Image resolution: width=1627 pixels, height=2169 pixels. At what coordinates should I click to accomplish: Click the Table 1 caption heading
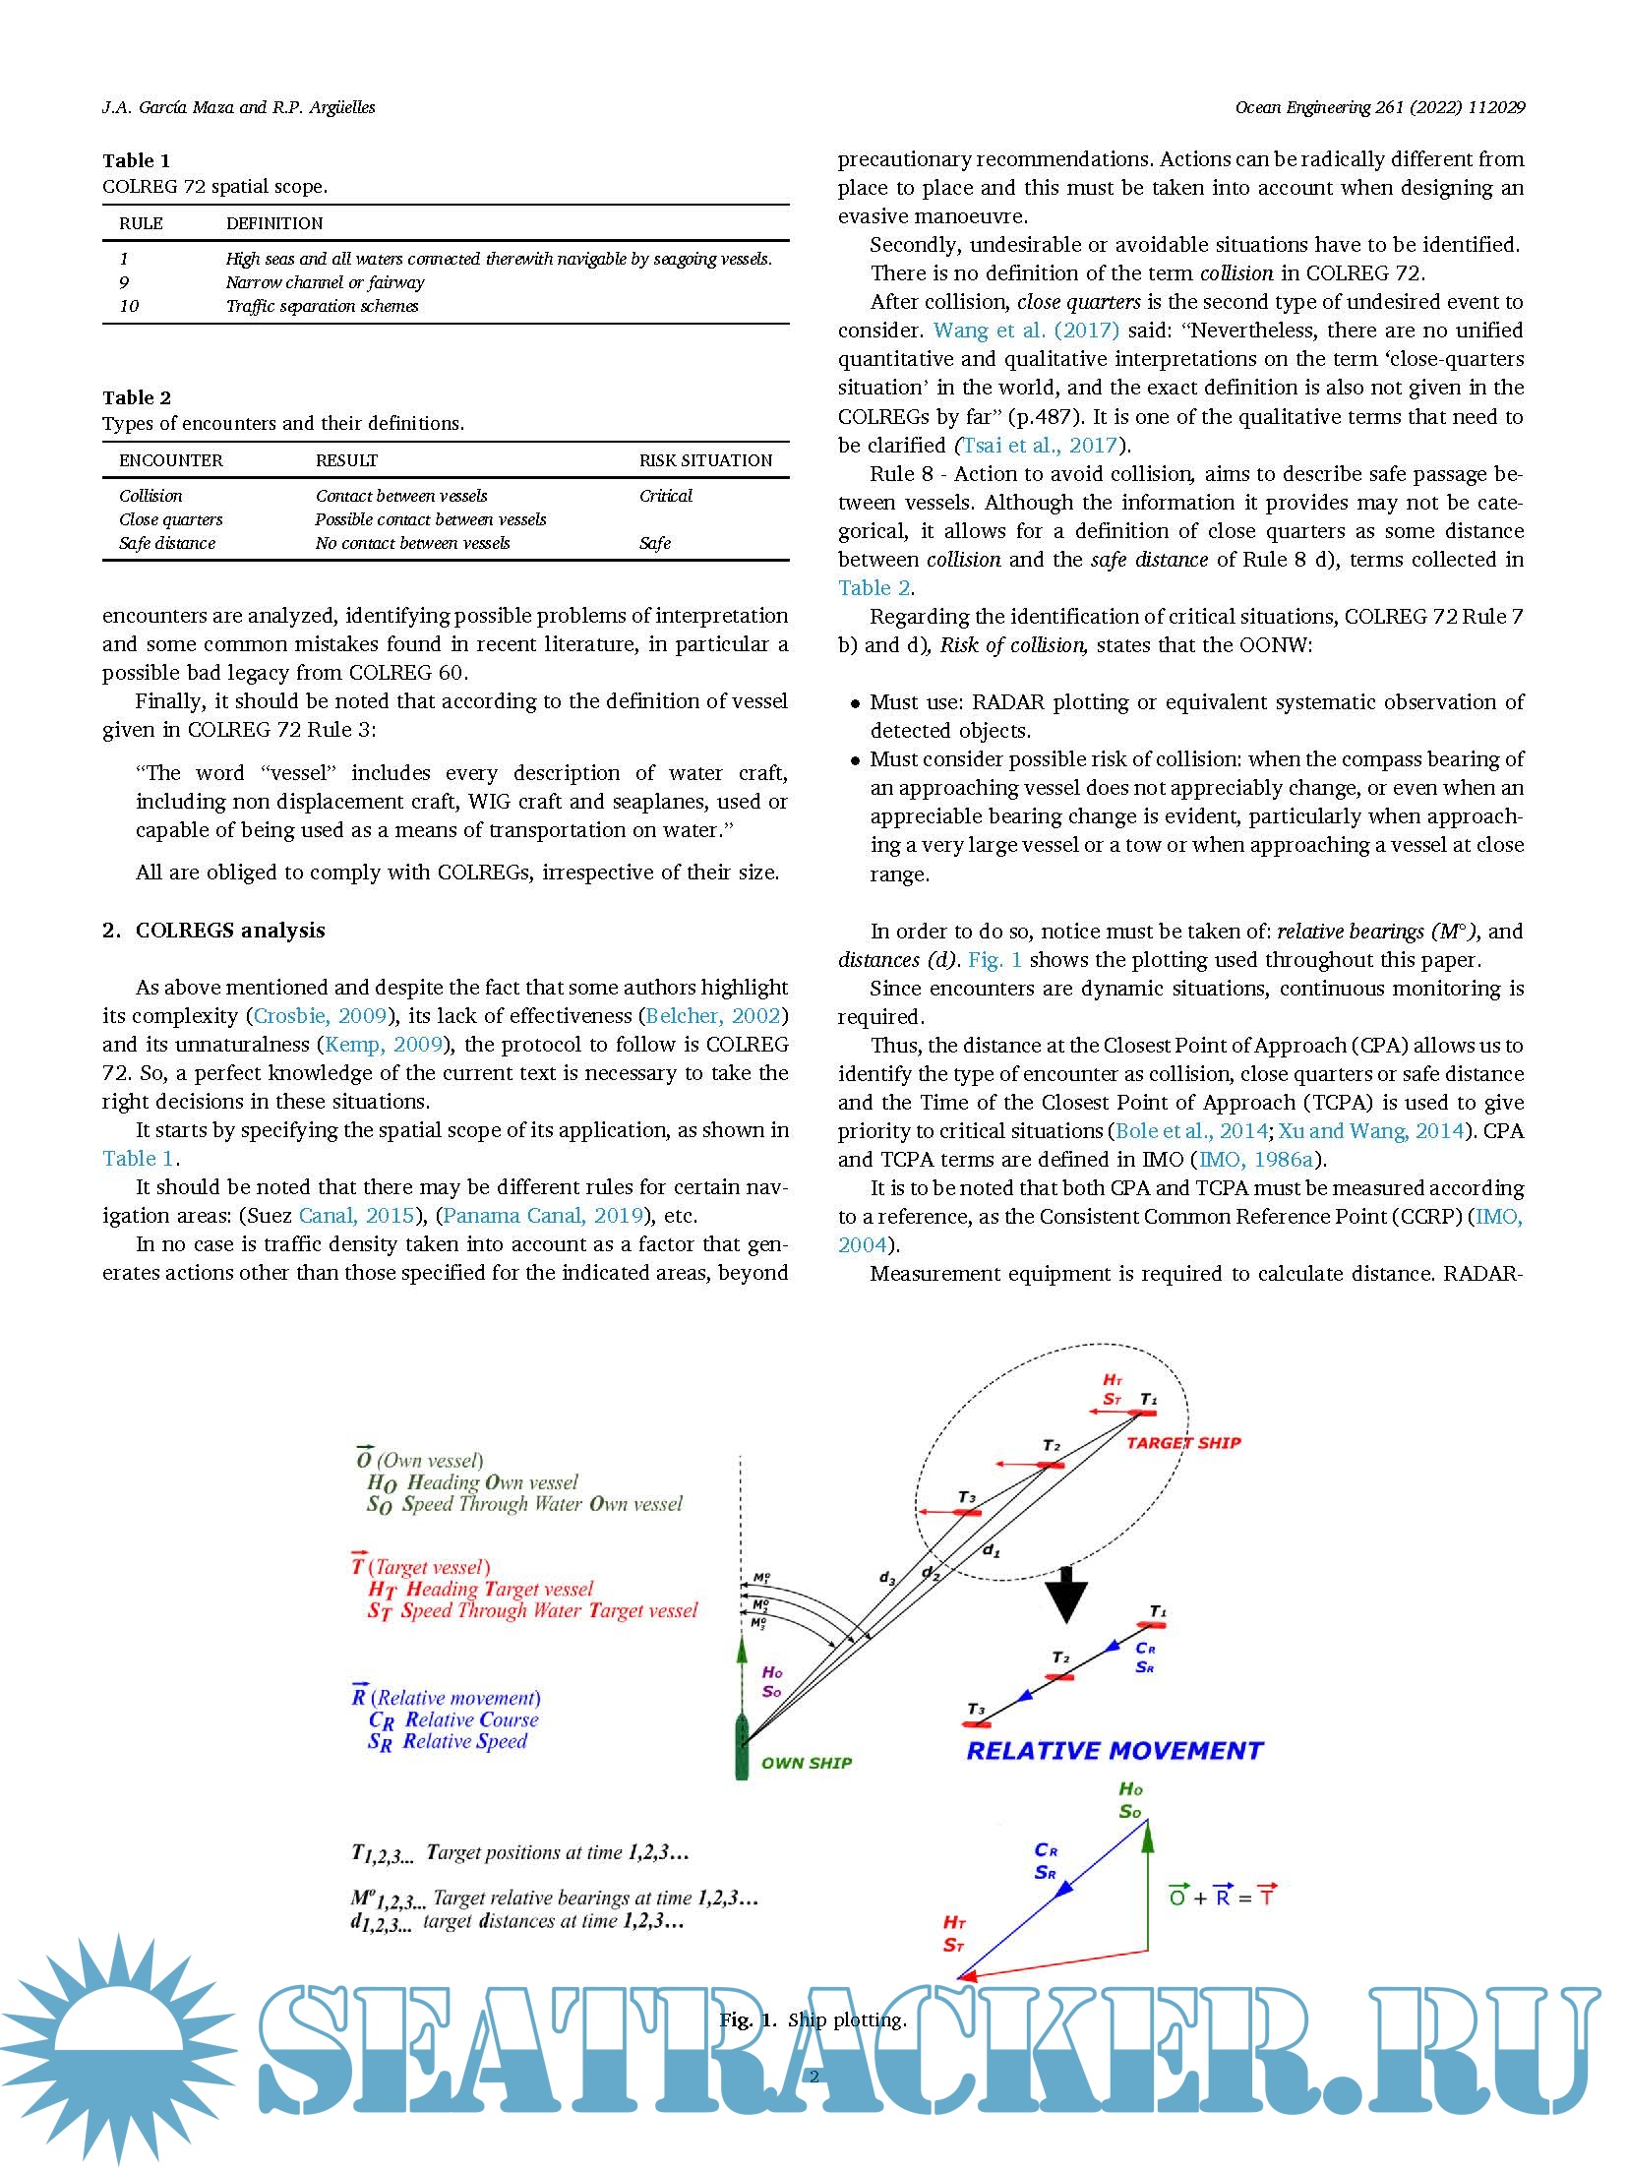coord(137,160)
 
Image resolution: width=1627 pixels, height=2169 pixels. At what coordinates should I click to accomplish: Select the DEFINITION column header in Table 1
coord(274,223)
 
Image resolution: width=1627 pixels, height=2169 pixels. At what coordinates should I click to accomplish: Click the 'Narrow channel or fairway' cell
coord(326,282)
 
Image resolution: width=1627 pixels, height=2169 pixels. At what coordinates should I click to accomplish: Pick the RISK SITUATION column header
coord(705,460)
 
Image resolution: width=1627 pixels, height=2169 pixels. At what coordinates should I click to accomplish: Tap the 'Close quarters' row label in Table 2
coord(171,519)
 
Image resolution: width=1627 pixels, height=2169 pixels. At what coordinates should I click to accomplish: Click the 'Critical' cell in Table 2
coord(666,496)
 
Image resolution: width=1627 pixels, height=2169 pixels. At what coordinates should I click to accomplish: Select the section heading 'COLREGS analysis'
coord(230,931)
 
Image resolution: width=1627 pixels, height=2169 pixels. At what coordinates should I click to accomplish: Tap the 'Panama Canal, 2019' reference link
coord(543,1216)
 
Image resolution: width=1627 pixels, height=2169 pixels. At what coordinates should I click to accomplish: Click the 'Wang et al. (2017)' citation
coord(1026,331)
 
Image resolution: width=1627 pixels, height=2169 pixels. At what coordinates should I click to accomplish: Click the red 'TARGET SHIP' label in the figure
coord(1183,1443)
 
